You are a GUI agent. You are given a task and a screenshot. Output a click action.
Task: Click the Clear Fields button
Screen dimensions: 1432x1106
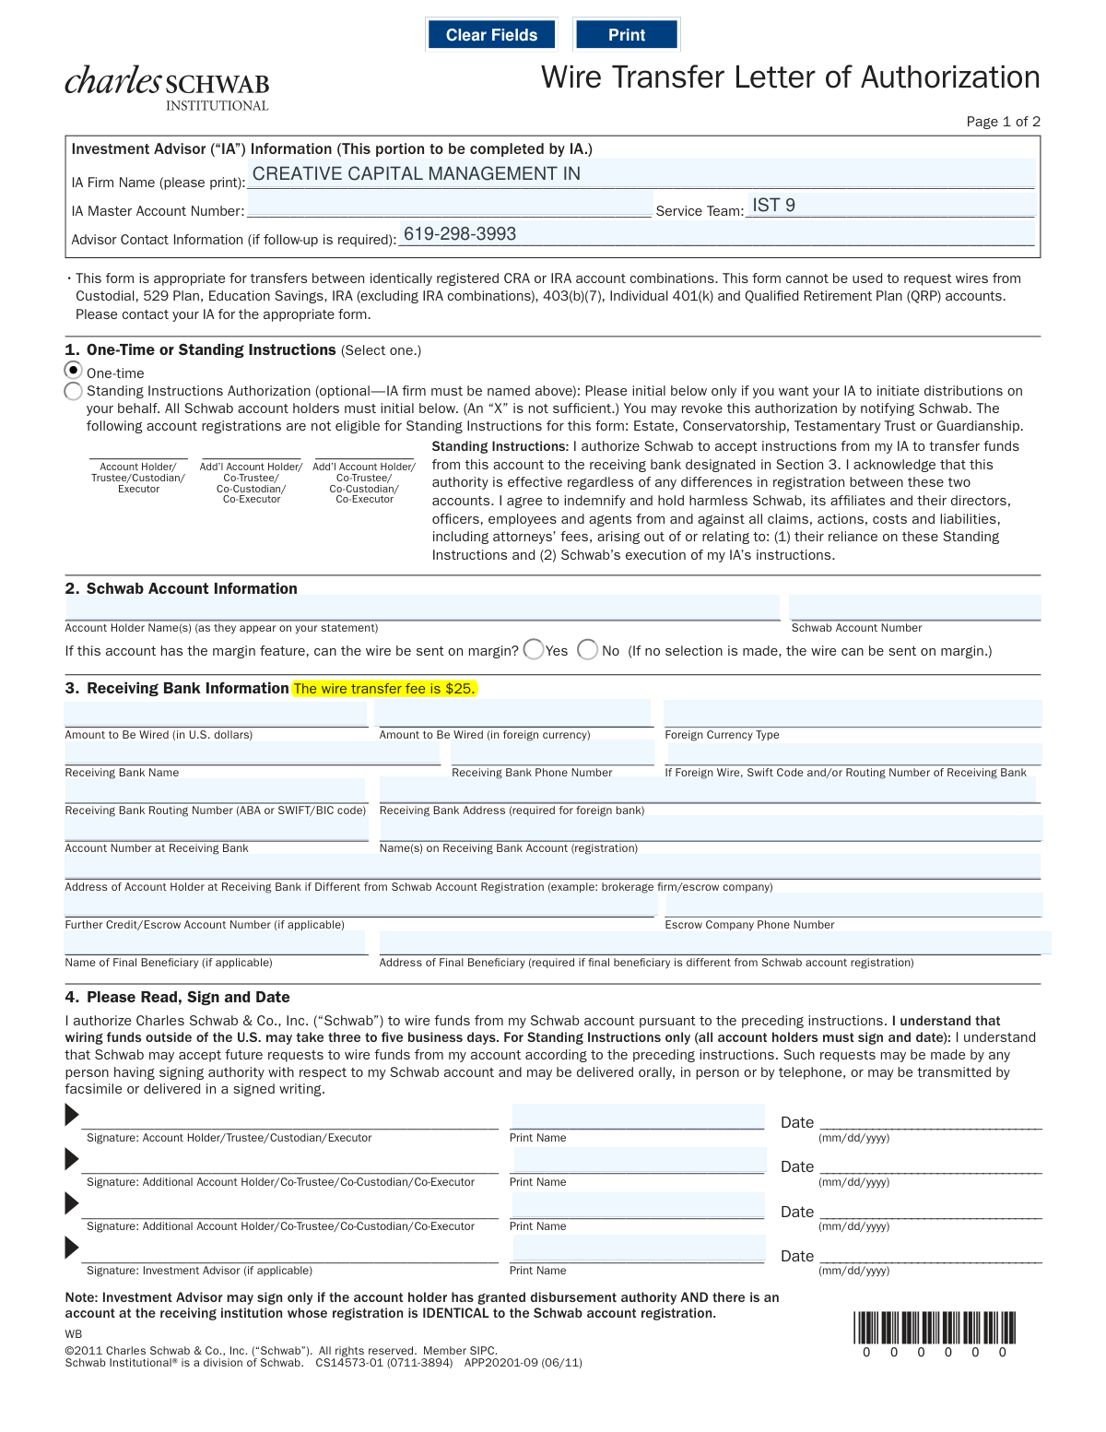tap(491, 35)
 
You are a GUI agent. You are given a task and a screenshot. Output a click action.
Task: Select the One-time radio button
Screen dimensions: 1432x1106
tap(74, 371)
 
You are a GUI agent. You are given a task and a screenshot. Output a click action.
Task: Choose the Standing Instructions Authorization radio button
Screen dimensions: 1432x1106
tap(74, 392)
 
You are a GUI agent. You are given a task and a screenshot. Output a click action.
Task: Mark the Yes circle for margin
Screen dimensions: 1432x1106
tap(534, 650)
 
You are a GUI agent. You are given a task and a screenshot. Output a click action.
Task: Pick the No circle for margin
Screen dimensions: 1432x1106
tap(587, 650)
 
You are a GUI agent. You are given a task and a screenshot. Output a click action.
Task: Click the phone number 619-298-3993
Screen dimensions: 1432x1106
tap(460, 234)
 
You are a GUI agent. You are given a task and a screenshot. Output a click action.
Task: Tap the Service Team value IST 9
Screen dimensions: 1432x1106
tap(773, 206)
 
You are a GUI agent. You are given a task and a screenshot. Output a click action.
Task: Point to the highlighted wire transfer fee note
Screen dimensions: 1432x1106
tap(383, 689)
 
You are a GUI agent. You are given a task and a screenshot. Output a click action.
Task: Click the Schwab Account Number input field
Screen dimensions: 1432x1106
tap(914, 609)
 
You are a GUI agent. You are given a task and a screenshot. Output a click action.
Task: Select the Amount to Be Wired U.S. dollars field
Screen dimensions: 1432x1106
tap(216, 715)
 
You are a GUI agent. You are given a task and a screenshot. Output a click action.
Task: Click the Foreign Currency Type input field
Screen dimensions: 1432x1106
tap(853, 715)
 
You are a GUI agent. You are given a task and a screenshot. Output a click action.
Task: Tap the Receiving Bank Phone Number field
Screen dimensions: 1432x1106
tap(552, 753)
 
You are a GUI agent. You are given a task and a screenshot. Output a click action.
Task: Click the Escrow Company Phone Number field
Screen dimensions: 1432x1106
tap(853, 905)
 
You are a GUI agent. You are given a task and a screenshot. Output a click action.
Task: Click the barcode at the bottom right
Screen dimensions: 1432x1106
tap(935, 1328)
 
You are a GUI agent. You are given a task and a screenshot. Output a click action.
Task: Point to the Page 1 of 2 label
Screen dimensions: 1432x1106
tap(1003, 122)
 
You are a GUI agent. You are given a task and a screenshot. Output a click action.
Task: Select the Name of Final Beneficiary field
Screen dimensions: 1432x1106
tap(216, 943)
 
